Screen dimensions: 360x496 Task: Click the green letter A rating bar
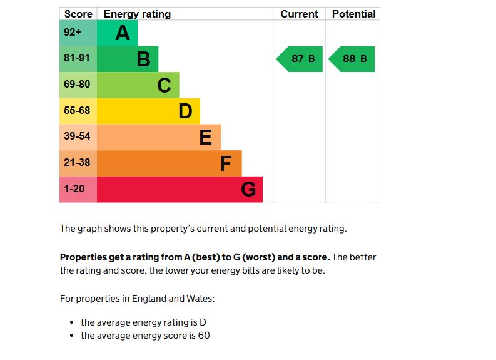pyautogui.click(x=117, y=33)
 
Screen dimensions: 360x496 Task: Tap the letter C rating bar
pyautogui.click(x=138, y=85)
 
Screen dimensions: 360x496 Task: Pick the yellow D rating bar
pyautogui.click(x=148, y=111)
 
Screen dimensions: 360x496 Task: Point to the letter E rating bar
pyautogui.click(x=158, y=137)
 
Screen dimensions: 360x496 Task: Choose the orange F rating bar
pyautogui.click(x=169, y=163)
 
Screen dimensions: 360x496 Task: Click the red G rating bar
pyautogui.click(x=180, y=189)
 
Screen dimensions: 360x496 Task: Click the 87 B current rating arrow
pyautogui.click(x=300, y=59)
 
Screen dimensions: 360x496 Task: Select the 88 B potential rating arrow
pyautogui.click(x=352, y=59)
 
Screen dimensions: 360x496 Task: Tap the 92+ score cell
pyautogui.click(x=78, y=33)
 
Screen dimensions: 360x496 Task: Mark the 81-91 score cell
pyautogui.click(x=78, y=58)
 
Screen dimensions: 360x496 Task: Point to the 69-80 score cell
pyautogui.click(x=78, y=85)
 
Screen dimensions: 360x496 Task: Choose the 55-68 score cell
pyautogui.click(x=78, y=111)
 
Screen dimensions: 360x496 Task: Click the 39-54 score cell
pyautogui.click(x=78, y=136)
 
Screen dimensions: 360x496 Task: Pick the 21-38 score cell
pyautogui.click(x=78, y=163)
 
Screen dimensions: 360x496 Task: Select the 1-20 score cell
pyautogui.click(x=78, y=189)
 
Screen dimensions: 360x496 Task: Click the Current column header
pyautogui.click(x=299, y=14)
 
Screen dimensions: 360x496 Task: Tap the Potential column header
pyautogui.click(x=353, y=14)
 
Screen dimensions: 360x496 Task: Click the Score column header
pyautogui.click(x=78, y=14)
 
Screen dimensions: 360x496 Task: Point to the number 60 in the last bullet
pyautogui.click(x=204, y=336)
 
